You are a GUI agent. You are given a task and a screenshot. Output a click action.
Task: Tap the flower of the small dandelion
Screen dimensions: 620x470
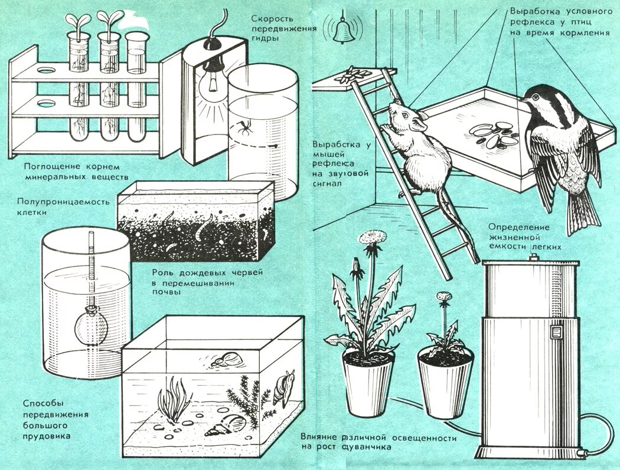pos(444,296)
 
